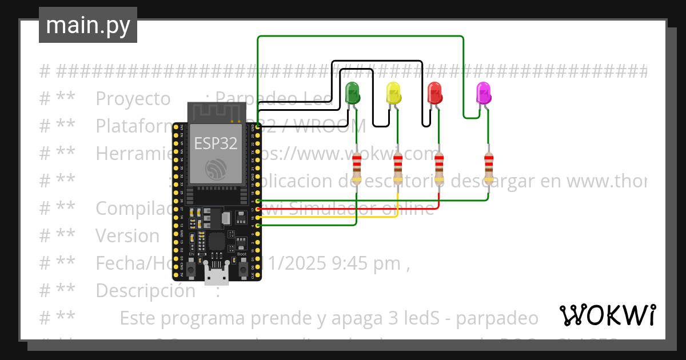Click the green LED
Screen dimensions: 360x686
[353, 93]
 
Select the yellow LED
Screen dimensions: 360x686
[393, 93]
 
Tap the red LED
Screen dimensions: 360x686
[434, 93]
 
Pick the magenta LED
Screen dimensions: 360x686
[483, 93]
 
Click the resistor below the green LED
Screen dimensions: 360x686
[357, 168]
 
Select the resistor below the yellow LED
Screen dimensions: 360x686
[398, 168]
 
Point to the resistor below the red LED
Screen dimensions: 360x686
[439, 168]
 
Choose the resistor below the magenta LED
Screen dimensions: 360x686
[488, 168]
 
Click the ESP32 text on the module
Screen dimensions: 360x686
[216, 143]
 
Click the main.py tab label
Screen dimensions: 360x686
[88, 26]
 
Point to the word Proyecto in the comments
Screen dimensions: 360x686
[133, 99]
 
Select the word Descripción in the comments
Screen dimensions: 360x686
[145, 290]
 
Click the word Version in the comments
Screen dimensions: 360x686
[127, 235]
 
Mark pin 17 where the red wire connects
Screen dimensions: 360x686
[258, 209]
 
